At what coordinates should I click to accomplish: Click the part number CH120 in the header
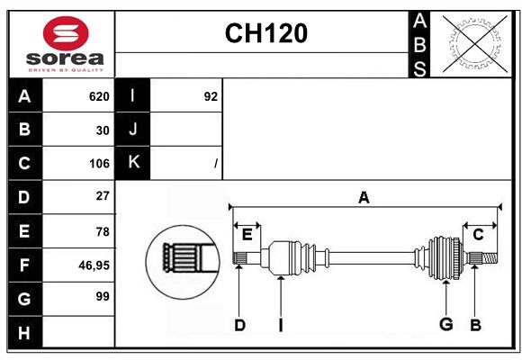pyautogui.click(x=265, y=33)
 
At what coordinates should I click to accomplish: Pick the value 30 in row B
pyautogui.click(x=102, y=130)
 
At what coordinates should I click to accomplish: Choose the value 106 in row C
pyautogui.click(x=98, y=164)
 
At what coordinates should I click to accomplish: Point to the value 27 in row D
pyautogui.click(x=102, y=196)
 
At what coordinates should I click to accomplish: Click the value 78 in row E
pyautogui.click(x=102, y=231)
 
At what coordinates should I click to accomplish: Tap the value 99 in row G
pyautogui.click(x=102, y=296)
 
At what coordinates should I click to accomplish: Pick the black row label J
pyautogui.click(x=132, y=130)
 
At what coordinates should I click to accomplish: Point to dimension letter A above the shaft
pyautogui.click(x=364, y=198)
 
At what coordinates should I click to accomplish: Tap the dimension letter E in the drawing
pyautogui.click(x=247, y=235)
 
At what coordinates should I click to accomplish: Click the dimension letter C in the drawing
pyautogui.click(x=478, y=235)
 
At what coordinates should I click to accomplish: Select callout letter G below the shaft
pyautogui.click(x=445, y=324)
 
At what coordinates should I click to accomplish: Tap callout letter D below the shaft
pyautogui.click(x=239, y=325)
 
